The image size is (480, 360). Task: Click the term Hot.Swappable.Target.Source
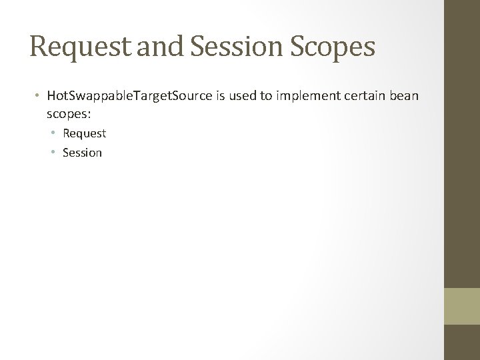[128, 97]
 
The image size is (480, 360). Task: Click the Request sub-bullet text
[84, 133]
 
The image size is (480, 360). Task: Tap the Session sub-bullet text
[82, 153]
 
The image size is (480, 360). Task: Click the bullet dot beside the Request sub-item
[55, 133]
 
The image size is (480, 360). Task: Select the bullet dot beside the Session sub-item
[55, 153]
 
